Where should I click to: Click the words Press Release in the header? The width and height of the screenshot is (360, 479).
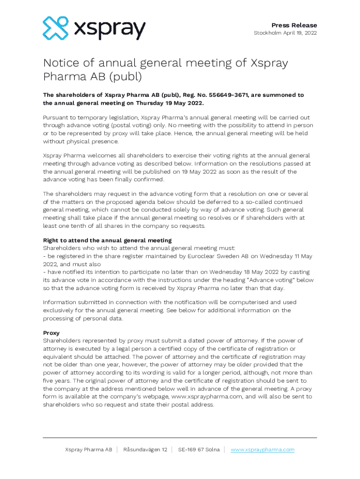pyautogui.click(x=294, y=25)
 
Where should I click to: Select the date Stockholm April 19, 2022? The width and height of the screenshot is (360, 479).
pyautogui.click(x=285, y=33)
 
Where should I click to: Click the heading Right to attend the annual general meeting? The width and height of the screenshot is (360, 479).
pyautogui.click(x=107, y=240)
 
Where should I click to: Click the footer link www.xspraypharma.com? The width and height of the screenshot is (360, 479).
pyautogui.click(x=262, y=450)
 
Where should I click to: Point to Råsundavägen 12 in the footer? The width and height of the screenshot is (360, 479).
pyautogui.click(x=145, y=450)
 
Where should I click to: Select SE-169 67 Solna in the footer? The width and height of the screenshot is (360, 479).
pyautogui.click(x=199, y=450)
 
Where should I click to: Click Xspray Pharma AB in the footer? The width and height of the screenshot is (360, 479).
pyautogui.click(x=88, y=450)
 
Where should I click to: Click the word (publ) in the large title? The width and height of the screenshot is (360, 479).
pyautogui.click(x=125, y=76)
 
